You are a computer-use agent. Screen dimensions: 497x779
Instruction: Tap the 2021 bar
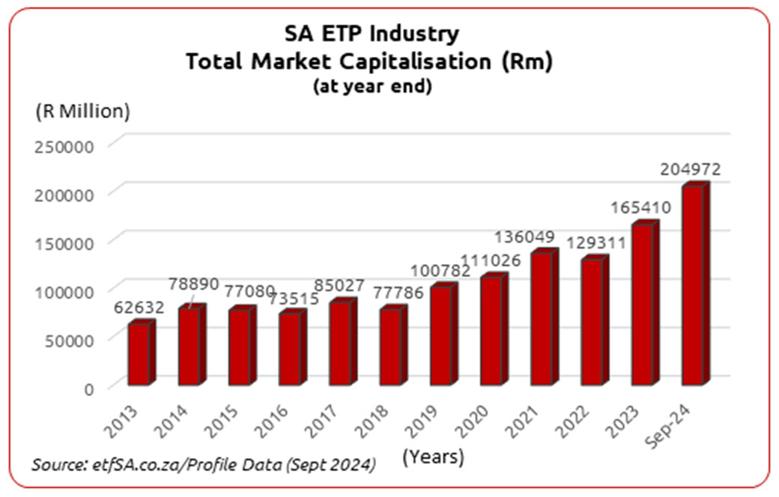click(542, 320)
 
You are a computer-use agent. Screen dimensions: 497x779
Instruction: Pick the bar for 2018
click(390, 347)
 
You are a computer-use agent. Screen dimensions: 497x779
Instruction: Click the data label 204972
click(690, 170)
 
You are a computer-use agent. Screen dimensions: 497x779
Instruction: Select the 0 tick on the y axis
click(89, 388)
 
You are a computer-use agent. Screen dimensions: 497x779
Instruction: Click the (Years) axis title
click(433, 456)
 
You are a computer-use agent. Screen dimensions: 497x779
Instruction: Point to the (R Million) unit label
click(82, 112)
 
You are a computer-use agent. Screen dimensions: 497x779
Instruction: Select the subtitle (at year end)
click(372, 86)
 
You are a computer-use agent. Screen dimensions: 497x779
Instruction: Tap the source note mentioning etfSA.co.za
click(203, 465)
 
